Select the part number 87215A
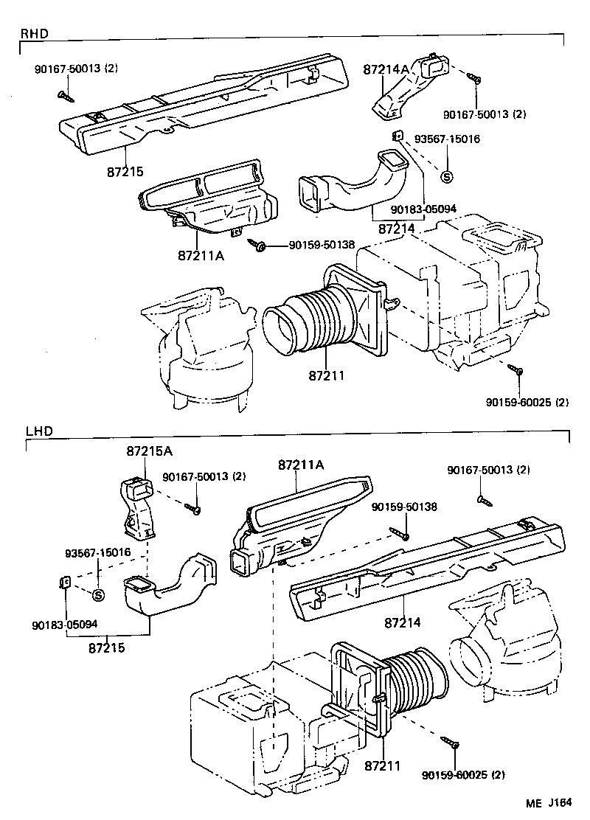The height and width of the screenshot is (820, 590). (144, 450)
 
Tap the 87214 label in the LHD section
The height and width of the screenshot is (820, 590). (402, 622)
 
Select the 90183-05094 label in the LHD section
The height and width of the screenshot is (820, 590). (65, 624)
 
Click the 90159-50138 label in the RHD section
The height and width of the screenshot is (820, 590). (321, 244)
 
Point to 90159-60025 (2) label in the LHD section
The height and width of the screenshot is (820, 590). (465, 775)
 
